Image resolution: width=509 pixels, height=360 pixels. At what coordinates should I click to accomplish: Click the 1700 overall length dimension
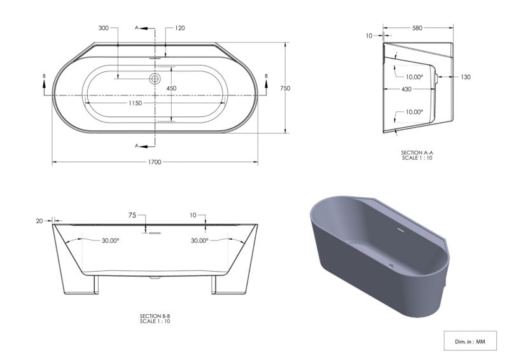[x=155, y=162]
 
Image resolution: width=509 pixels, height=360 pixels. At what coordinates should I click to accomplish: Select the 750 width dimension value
[x=285, y=88]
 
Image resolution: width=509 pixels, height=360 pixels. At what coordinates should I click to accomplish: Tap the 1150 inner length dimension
[x=135, y=103]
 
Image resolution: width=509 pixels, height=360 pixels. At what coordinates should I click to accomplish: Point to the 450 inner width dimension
[x=171, y=88]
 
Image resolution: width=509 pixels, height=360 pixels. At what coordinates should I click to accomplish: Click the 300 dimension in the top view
[x=104, y=28]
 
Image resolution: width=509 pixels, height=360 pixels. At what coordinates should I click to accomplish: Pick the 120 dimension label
[x=180, y=28]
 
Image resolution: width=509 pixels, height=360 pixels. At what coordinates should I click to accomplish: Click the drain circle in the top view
[x=155, y=79]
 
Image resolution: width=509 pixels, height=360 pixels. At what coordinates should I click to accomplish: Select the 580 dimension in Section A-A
[x=417, y=28]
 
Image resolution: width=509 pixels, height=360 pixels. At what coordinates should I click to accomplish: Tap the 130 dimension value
[x=466, y=77]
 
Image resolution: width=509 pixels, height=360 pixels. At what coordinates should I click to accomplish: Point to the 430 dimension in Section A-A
[x=407, y=89]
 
